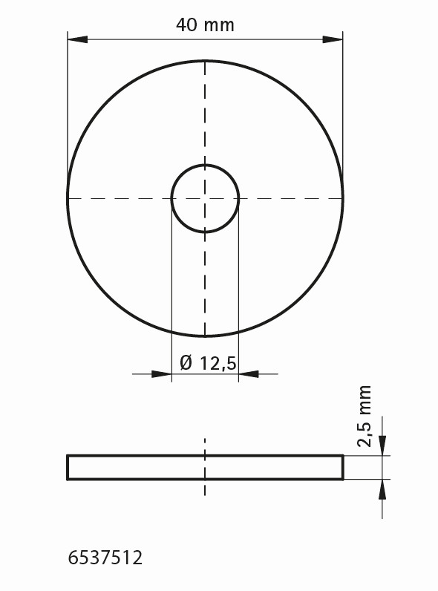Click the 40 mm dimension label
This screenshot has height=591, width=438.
tap(205, 25)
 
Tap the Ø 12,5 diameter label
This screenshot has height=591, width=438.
tap(208, 363)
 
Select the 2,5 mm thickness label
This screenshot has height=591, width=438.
tap(365, 416)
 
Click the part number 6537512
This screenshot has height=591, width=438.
tap(105, 558)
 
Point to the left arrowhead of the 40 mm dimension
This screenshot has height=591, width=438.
tap(77, 39)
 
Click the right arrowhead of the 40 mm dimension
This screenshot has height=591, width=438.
tap(333, 39)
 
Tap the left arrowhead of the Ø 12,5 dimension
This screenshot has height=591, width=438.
tap(161, 374)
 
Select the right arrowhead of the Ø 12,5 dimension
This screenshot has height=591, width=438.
tap(249, 374)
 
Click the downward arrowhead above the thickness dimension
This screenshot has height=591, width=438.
tap(382, 445)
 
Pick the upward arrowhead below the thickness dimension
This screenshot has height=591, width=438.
tap(382, 489)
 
